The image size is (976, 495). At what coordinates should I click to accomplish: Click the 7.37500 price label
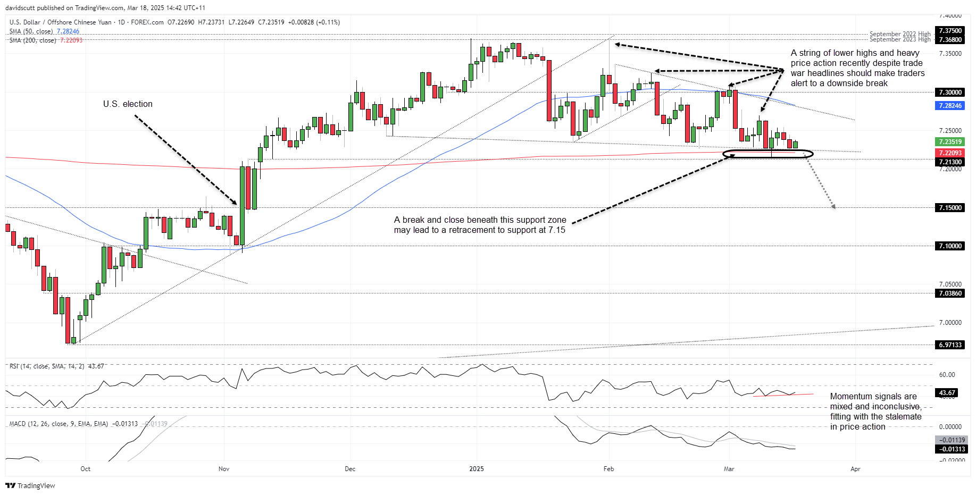(x=950, y=31)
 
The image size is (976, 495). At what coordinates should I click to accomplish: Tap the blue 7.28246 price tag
(x=950, y=106)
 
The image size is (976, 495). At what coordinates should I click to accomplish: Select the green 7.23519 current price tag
(x=950, y=142)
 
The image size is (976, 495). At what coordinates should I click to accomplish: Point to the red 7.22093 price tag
(x=950, y=153)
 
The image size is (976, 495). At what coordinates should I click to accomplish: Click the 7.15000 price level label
(x=950, y=208)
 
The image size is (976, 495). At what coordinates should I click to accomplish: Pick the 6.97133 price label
(x=950, y=345)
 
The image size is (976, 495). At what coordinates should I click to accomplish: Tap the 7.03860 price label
(x=950, y=293)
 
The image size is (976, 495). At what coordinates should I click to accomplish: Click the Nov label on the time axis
(x=224, y=469)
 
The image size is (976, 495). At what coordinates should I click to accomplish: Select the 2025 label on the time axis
(x=477, y=469)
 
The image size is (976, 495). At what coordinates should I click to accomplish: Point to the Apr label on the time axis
(x=855, y=469)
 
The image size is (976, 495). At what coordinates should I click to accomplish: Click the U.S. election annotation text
(x=128, y=104)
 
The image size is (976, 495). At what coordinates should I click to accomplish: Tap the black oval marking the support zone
(x=768, y=154)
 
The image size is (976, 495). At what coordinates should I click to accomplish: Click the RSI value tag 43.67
(x=947, y=393)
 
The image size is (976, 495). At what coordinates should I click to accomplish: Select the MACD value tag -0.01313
(x=952, y=449)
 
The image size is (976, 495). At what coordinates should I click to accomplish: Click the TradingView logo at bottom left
(x=30, y=485)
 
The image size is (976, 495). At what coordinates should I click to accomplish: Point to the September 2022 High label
(x=900, y=34)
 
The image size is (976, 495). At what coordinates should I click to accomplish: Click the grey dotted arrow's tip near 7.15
(x=834, y=207)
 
